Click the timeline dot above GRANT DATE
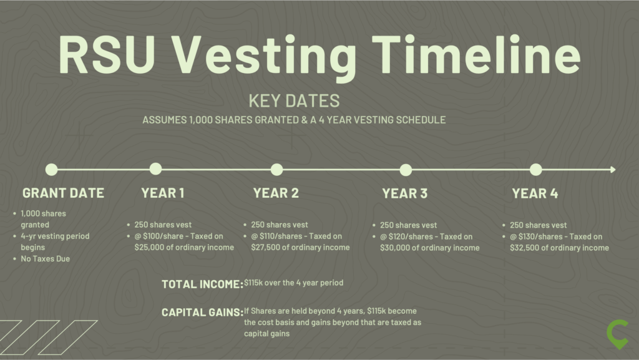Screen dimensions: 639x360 click(x=51, y=170)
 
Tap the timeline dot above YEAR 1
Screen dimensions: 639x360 click(x=155, y=168)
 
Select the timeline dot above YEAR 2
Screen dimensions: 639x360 click(x=276, y=170)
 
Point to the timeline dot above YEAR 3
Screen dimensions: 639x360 click(x=406, y=170)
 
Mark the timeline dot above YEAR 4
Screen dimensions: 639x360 click(x=536, y=170)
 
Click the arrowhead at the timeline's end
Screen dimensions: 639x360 click(x=613, y=170)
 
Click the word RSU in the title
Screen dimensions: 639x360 click(x=107, y=54)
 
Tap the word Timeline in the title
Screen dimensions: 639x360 click(x=476, y=54)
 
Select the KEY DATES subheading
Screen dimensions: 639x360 click(x=295, y=100)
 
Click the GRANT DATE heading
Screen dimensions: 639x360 click(x=63, y=193)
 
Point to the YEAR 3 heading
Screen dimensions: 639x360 click(x=404, y=193)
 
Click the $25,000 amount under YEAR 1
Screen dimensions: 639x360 click(x=149, y=247)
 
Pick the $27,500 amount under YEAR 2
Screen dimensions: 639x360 click(x=265, y=247)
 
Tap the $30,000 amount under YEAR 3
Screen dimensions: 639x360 click(x=394, y=248)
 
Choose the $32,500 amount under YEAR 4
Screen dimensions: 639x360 click(x=524, y=248)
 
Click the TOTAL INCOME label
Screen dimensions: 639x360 click(x=203, y=285)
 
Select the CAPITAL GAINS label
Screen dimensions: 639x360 click(x=203, y=313)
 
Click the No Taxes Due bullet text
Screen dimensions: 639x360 click(x=45, y=258)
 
